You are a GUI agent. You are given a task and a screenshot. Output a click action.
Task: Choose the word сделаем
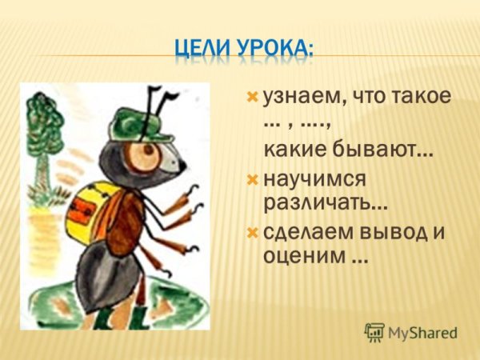tap(308, 232)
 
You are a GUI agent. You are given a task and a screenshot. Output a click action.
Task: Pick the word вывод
tap(390, 232)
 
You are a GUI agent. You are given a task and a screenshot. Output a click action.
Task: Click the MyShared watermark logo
tap(410, 332)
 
